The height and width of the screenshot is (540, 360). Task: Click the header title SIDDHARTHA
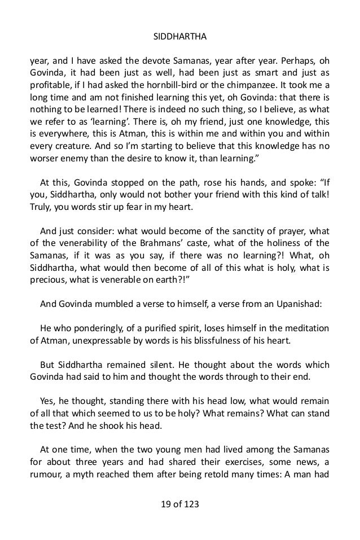click(180, 38)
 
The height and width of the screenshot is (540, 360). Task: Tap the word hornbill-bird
click(190, 86)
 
